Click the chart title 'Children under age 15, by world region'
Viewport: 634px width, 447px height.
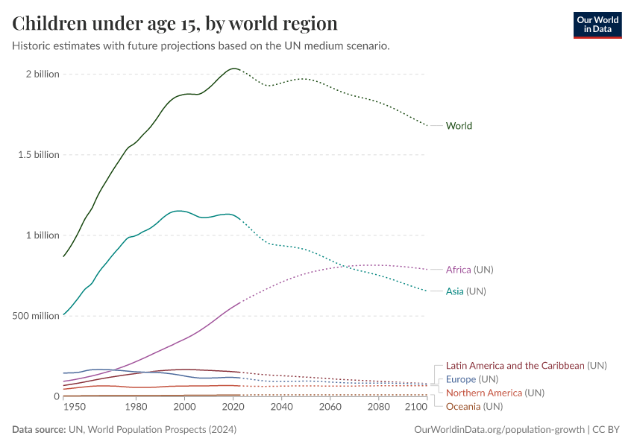click(175, 23)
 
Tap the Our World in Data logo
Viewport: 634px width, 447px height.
click(597, 25)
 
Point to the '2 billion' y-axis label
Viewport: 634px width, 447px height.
click(42, 74)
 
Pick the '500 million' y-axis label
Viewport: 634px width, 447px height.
click(36, 316)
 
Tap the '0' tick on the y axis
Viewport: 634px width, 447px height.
click(56, 396)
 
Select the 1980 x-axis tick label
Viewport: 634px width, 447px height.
click(136, 408)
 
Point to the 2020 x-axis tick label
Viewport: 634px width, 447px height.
click(233, 408)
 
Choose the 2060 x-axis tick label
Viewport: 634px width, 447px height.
click(330, 408)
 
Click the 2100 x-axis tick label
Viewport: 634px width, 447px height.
click(415, 408)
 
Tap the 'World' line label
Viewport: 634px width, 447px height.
click(459, 126)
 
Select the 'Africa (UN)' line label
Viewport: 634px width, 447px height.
click(469, 270)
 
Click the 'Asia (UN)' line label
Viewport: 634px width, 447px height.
click(465, 291)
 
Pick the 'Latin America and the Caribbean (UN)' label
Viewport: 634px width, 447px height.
click(526, 366)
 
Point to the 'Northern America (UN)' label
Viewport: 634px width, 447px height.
click(495, 393)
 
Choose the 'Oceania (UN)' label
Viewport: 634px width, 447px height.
click(474, 407)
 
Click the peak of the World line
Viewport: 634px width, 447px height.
click(234, 69)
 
